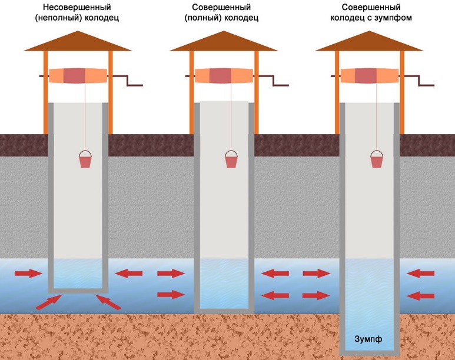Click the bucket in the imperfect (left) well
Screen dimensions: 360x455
click(x=85, y=159)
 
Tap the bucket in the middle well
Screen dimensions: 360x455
click(x=231, y=159)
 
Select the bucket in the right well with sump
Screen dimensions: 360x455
click(x=376, y=159)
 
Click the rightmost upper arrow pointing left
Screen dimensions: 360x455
click(x=420, y=273)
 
